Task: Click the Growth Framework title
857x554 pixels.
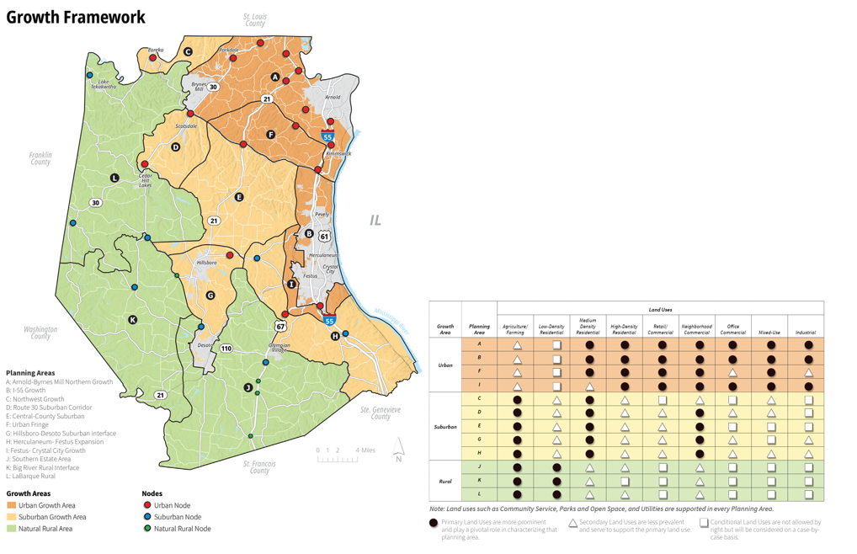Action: pos(76,18)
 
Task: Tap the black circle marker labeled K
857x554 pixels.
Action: pos(132,320)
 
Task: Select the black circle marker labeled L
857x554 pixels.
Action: pos(115,178)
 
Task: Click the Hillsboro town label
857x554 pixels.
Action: pos(206,263)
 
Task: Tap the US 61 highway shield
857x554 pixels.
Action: pos(324,237)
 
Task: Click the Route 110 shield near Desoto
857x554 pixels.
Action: pos(226,348)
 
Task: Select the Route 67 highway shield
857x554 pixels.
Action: pos(280,326)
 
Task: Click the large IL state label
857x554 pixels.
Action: pos(375,221)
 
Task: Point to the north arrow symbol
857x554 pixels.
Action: pos(399,450)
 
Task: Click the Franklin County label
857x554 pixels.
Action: pos(40,158)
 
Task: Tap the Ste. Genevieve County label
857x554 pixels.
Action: pos(381,413)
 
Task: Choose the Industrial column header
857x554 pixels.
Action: pos(805,332)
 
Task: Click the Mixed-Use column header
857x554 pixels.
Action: pos(769,332)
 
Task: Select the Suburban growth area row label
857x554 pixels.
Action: pos(445,426)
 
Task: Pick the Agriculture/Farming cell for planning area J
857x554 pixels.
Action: pos(517,467)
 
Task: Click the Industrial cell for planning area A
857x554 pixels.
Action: pos(808,345)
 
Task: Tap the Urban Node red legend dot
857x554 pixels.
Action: pos(147,505)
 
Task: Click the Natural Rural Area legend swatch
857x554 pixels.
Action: pos(12,529)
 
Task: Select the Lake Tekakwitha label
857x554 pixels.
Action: pos(104,84)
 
